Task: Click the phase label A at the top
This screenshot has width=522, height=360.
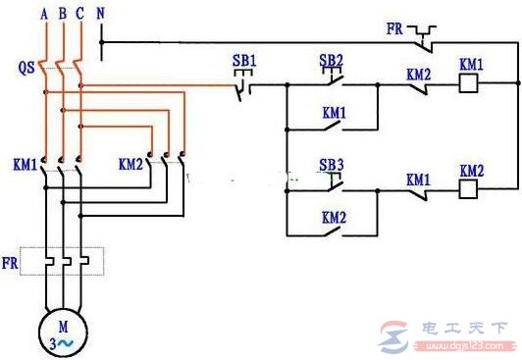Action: [44, 15]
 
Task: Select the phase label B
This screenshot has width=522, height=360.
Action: [64, 15]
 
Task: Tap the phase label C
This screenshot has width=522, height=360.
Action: [81, 15]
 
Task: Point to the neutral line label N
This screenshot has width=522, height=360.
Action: [102, 15]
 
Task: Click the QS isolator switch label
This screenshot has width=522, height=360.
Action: [26, 71]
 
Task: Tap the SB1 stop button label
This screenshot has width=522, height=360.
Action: [244, 61]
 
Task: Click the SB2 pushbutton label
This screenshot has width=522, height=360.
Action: [332, 61]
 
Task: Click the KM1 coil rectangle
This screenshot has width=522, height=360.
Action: [470, 85]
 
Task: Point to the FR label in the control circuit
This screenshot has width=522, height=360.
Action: [394, 30]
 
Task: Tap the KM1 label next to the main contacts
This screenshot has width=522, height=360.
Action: [25, 163]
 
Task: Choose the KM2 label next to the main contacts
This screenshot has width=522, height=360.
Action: [130, 163]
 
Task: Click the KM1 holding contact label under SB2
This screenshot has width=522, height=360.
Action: [334, 113]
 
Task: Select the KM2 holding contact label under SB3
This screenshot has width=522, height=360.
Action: [334, 216]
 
